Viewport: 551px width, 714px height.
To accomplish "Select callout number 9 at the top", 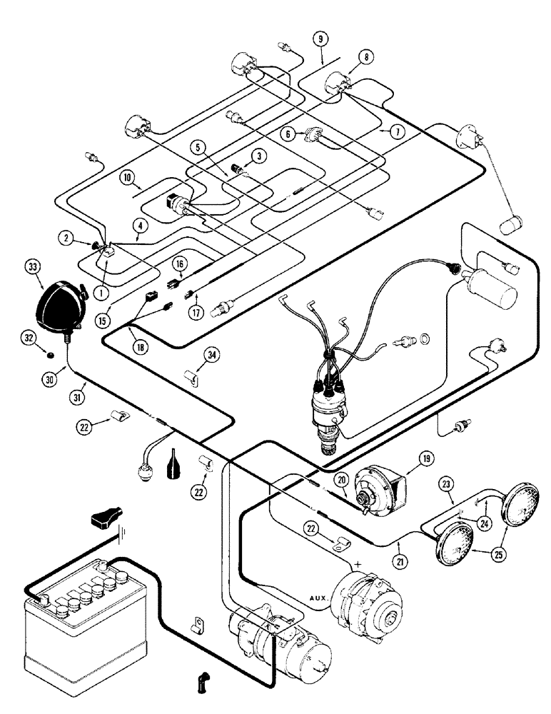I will [x=320, y=39].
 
